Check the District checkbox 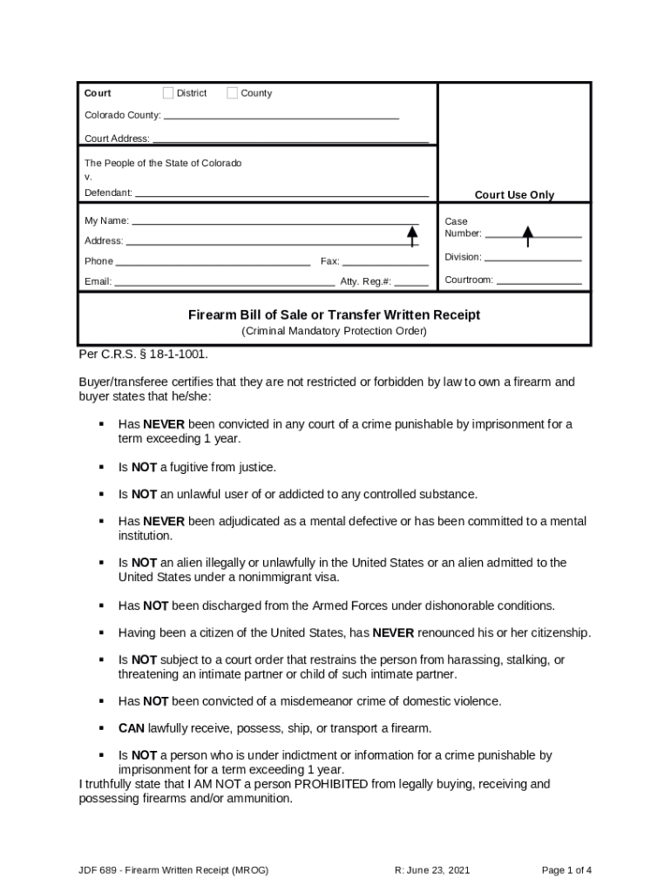click(168, 93)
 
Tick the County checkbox click(232, 93)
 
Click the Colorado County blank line click(281, 117)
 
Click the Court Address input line click(291, 139)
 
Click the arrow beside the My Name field click(412, 233)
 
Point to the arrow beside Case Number click(527, 235)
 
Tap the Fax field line click(385, 263)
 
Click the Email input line click(225, 283)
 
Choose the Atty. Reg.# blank click(410, 283)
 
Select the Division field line click(532, 259)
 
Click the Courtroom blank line click(539, 282)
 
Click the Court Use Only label click(514, 195)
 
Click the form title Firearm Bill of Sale click(335, 315)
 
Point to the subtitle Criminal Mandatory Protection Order click(335, 331)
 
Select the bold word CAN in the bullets click(132, 728)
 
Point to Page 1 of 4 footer click(566, 870)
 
